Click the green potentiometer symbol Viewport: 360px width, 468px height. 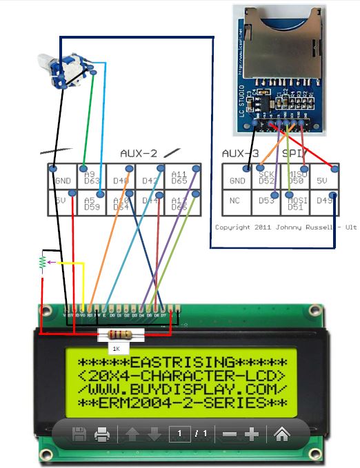43,263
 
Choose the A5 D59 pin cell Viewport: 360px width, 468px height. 92,203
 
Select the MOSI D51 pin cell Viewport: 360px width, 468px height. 295,203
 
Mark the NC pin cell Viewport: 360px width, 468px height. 237,204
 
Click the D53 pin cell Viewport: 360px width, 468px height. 266,203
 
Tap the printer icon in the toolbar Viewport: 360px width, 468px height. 102,434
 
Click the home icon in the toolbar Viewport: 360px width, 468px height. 281,434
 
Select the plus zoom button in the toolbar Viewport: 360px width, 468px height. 252,434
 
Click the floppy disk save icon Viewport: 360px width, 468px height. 79,434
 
